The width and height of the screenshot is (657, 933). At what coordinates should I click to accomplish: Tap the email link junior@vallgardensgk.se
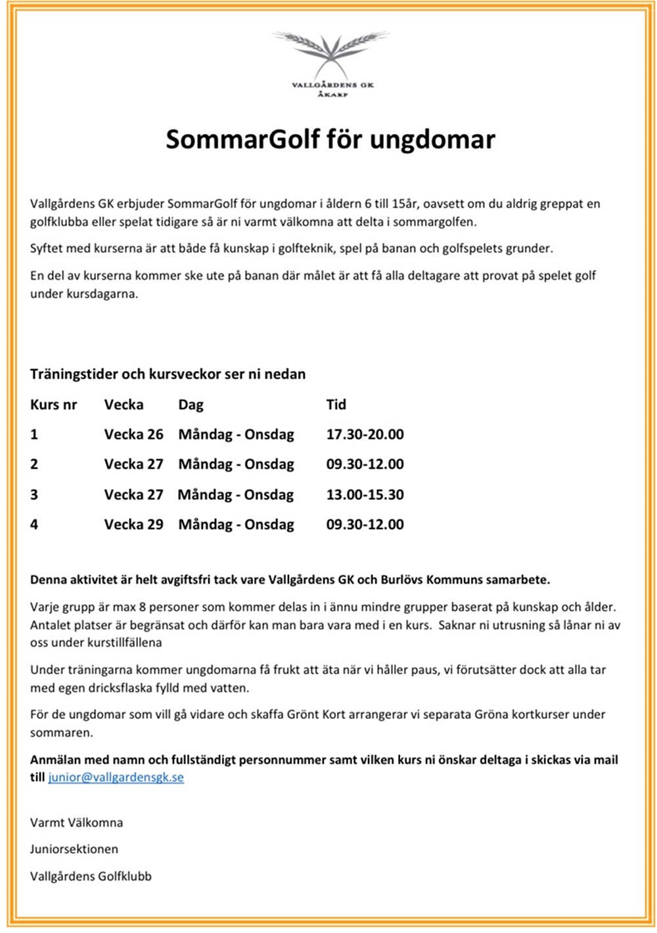[x=116, y=777]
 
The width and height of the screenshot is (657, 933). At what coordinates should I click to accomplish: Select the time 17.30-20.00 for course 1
[x=365, y=435]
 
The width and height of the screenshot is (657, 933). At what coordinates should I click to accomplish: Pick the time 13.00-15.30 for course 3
[x=365, y=495]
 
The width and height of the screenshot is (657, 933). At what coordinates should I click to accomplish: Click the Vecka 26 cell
[x=133, y=435]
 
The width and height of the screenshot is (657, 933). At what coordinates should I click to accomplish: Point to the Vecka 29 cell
[x=133, y=525]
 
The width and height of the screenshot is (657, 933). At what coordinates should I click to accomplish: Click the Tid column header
[x=336, y=404]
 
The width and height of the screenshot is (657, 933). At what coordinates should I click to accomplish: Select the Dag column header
[x=191, y=404]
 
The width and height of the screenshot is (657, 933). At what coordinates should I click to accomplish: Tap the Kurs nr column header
[x=53, y=404]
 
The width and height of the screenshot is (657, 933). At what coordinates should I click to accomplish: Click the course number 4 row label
[x=34, y=525]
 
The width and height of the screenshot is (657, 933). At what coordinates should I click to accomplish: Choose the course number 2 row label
[x=34, y=464]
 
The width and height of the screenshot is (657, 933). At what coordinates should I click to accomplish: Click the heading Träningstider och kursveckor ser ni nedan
[x=168, y=374]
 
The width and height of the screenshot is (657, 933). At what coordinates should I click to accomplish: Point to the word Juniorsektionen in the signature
[x=74, y=849]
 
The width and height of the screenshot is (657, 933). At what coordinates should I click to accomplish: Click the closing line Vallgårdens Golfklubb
[x=91, y=876]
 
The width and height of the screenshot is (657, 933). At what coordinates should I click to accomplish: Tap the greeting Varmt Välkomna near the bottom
[x=76, y=822]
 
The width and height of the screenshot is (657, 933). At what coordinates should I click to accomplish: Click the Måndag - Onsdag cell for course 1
[x=236, y=435]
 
